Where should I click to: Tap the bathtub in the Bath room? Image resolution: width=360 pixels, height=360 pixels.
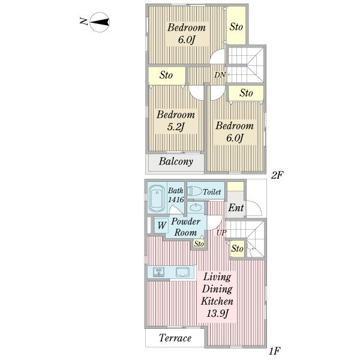click(x=157, y=199)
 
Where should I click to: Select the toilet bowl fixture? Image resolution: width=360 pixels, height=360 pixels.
click(x=194, y=191)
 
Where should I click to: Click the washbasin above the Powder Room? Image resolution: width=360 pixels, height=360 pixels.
click(x=196, y=208)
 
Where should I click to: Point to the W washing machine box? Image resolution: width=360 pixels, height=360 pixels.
click(x=161, y=225)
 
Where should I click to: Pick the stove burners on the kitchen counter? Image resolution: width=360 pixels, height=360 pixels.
click(x=158, y=272)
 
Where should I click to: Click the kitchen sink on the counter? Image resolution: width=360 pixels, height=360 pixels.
click(x=183, y=272)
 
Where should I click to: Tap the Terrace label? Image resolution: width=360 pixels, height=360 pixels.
click(x=175, y=338)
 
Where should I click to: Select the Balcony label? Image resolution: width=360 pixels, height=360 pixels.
click(x=176, y=161)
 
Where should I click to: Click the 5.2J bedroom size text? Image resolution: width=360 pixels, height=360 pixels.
click(x=176, y=127)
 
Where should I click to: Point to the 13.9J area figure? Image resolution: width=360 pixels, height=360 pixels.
click(x=217, y=313)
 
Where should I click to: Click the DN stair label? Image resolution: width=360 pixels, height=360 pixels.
click(x=220, y=75)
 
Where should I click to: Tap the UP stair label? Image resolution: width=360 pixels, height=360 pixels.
click(x=221, y=233)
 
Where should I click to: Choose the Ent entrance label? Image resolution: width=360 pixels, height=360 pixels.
click(x=236, y=208)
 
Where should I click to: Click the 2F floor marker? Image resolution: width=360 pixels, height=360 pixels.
click(x=277, y=175)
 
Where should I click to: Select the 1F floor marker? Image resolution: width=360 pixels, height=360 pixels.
click(x=275, y=351)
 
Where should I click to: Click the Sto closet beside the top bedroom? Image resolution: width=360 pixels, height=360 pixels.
click(x=236, y=25)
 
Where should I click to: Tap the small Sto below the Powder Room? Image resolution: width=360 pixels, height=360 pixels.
click(x=199, y=244)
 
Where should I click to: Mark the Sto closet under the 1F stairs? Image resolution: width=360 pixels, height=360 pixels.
click(x=237, y=248)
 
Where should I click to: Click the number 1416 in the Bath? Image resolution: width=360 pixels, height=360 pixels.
click(x=176, y=199)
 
